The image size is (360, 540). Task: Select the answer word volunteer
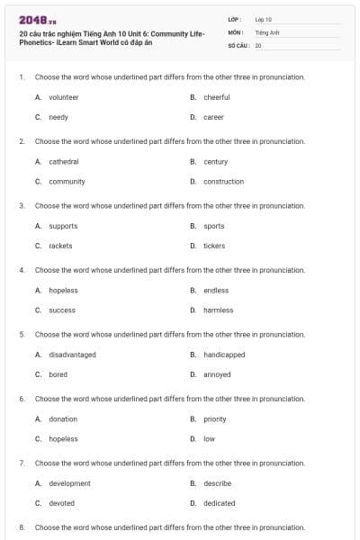point(63,97)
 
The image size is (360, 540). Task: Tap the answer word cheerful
point(216,97)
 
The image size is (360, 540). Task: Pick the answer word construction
point(223,182)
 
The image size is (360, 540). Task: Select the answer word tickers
point(214,246)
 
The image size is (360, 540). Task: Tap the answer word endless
point(216,291)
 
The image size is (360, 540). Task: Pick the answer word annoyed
point(217,374)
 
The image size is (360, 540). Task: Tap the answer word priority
point(214,419)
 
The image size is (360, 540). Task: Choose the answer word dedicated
point(219,503)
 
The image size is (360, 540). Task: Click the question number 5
point(22,334)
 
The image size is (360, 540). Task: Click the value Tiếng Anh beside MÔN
point(267,31)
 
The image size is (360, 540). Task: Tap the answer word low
point(209,439)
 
